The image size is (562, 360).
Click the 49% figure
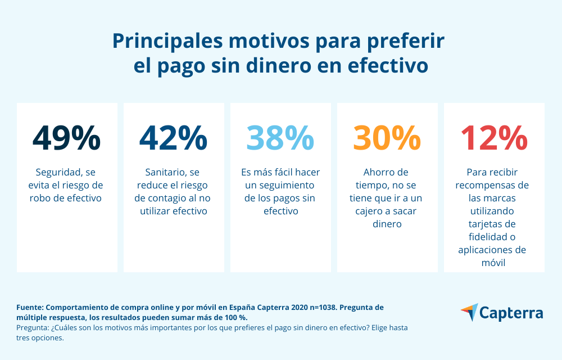(67, 138)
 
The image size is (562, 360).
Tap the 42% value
(173, 138)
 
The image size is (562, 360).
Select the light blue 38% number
(280, 138)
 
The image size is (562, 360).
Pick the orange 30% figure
(387, 138)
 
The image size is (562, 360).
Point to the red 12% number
(494, 138)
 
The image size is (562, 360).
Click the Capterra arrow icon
(469, 312)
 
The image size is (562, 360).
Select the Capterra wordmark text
(511, 313)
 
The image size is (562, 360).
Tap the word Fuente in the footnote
(30, 308)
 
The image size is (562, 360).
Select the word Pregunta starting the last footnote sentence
(32, 327)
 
